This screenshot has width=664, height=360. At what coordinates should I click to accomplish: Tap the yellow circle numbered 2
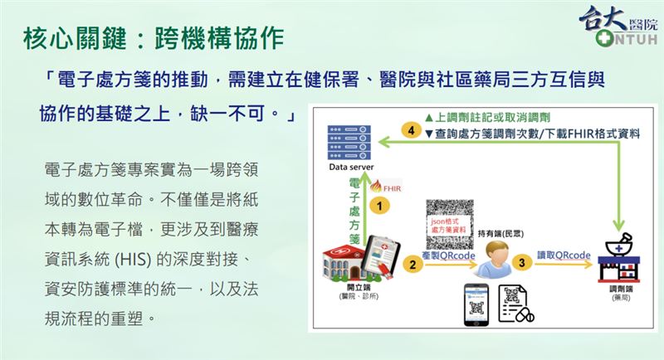point(412,264)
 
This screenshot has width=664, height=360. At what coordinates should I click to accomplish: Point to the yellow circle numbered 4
point(407,130)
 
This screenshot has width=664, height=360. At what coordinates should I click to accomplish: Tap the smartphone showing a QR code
point(473,309)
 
